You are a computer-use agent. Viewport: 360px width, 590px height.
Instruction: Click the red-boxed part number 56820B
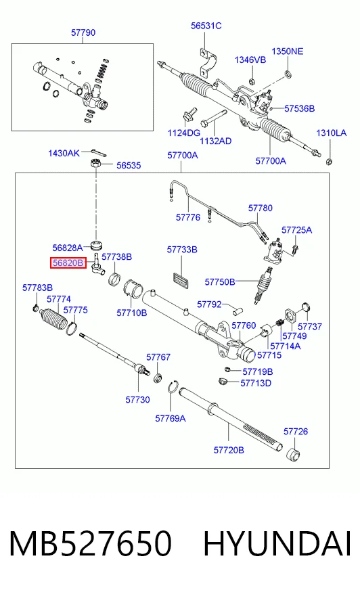[68, 263]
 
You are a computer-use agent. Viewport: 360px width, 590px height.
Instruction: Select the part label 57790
[83, 32]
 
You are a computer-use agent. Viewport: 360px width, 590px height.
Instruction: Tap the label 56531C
[206, 26]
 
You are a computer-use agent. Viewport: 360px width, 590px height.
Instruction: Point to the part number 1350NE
[288, 51]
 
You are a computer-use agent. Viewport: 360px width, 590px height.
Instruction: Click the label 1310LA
[331, 133]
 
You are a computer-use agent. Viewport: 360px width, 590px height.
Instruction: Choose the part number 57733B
[182, 250]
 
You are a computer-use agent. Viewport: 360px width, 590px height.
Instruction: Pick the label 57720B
[229, 450]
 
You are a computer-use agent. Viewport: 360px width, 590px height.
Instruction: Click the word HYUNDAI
[277, 543]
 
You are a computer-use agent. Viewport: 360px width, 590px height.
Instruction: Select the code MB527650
[90, 543]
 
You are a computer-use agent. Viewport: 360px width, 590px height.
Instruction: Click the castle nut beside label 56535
[96, 164]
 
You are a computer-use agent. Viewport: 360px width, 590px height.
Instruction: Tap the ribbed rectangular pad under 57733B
[181, 281]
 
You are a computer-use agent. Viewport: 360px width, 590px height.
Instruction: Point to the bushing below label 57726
[294, 455]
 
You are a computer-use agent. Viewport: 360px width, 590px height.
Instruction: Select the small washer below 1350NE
[288, 73]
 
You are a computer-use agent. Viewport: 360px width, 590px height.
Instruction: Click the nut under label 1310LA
[329, 162]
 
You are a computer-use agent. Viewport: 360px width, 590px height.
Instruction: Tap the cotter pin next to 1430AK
[99, 152]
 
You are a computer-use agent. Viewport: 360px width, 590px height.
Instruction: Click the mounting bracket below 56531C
[208, 64]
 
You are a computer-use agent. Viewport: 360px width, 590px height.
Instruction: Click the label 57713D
[256, 383]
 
